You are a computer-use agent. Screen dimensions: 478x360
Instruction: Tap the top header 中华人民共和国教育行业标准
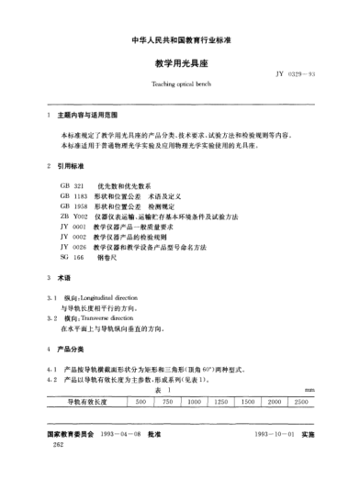(179, 39)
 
